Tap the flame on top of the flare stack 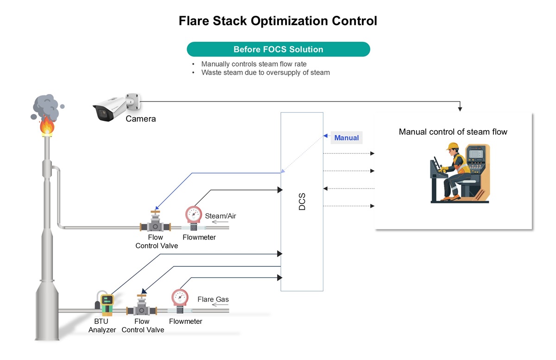(46, 126)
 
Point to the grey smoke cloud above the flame (45, 106)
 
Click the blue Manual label (347, 138)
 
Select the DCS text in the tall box (302, 202)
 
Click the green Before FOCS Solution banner (278, 50)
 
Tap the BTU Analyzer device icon (107, 303)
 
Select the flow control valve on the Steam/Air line (155, 222)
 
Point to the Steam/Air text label (221, 216)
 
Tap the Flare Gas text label (213, 299)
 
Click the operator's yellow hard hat (452, 147)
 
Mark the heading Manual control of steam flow (453, 132)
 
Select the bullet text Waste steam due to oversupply (265, 73)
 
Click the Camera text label (141, 119)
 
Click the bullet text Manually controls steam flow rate (254, 64)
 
